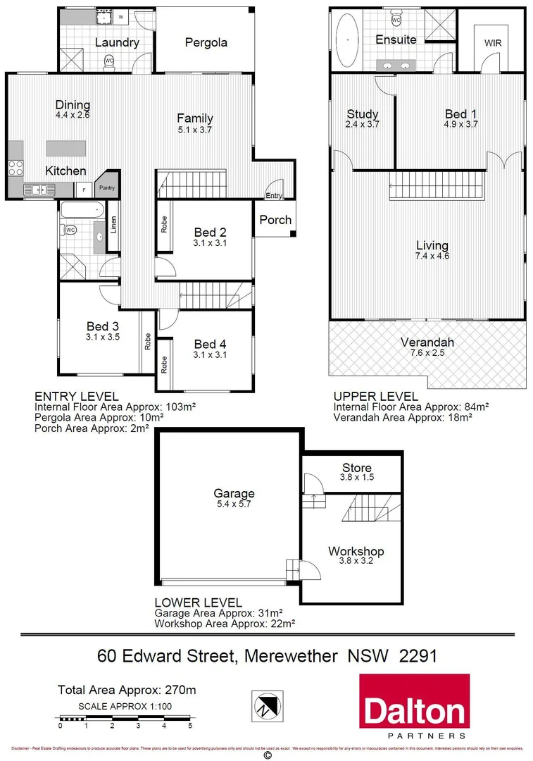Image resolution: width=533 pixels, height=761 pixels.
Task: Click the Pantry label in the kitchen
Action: (x=106, y=187)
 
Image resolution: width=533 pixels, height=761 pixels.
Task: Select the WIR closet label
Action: (x=492, y=43)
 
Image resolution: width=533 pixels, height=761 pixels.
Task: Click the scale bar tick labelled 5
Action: (x=190, y=725)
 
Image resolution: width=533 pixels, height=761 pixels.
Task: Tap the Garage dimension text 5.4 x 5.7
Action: (x=235, y=505)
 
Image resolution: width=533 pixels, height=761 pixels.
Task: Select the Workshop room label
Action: (x=356, y=551)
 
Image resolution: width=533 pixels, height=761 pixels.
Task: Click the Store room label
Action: (x=356, y=468)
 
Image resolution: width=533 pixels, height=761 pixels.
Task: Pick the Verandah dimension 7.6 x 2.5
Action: (x=427, y=354)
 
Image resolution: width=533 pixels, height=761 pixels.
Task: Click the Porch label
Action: (x=275, y=220)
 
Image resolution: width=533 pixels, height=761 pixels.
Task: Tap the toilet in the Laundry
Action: (x=109, y=62)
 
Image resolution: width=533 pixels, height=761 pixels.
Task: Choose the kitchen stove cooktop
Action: (x=15, y=168)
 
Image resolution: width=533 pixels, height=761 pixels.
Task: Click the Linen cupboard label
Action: (x=113, y=224)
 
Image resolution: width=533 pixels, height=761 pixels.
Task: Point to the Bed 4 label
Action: (x=210, y=344)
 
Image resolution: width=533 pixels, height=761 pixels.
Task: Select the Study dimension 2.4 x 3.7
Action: (x=363, y=124)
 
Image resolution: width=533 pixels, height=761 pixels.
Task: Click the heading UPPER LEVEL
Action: (x=375, y=397)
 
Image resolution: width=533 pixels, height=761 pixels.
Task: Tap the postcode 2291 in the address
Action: (x=418, y=656)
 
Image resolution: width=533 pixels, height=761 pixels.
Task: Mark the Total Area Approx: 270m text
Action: (x=125, y=691)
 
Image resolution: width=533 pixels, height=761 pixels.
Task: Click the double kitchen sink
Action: (x=39, y=189)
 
